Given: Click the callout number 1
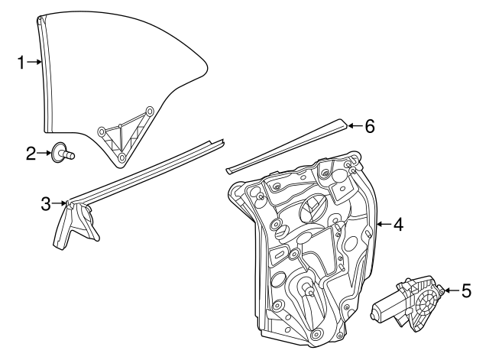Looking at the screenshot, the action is [21, 63].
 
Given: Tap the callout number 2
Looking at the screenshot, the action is [31, 154].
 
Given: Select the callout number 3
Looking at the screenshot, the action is [46, 204].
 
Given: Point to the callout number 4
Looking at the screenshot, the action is [398, 224].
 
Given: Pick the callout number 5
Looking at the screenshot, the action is [466, 290].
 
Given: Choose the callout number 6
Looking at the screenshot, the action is [370, 126].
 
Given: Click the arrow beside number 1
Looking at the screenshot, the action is [34, 63].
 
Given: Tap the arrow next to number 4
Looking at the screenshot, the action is [384, 224].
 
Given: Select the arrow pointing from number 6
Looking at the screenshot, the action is [355, 126].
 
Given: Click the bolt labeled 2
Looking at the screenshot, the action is [63, 152].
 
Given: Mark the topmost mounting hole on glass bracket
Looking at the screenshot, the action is [150, 111].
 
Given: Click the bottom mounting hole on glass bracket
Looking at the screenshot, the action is [122, 157].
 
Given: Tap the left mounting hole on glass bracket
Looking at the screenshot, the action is [102, 131].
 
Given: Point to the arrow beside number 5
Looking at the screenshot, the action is [452, 290].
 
